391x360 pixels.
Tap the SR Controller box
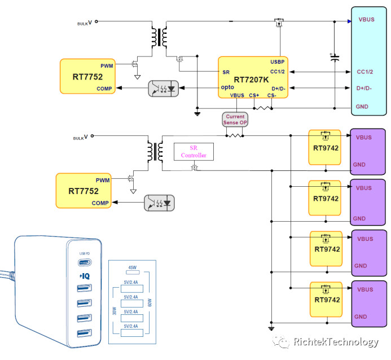click(194, 151)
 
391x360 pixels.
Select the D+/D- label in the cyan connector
click(368, 88)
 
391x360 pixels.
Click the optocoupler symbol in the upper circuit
click(163, 88)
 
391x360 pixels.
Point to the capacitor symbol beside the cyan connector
click(335, 57)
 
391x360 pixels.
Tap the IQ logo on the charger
click(85, 276)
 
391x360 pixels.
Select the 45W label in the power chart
click(133, 267)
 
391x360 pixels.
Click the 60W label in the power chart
click(150, 302)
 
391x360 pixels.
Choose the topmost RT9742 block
click(325, 147)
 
